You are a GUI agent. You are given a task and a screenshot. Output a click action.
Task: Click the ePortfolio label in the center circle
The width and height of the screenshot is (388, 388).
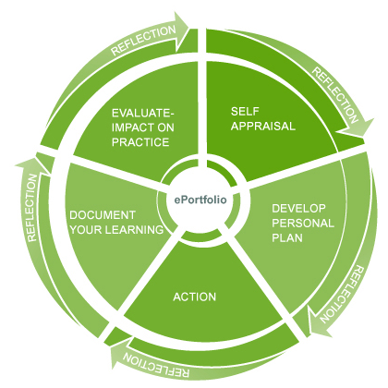tap(200, 200)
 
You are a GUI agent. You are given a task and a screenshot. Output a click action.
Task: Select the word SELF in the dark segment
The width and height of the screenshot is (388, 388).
tap(245, 111)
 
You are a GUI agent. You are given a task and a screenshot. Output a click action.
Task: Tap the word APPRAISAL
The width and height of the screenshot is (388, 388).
tap(263, 126)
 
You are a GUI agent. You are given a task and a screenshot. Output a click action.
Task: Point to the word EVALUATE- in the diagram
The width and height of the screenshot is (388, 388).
tap(143, 113)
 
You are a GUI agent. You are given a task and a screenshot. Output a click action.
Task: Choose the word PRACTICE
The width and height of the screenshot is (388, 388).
tap(140, 142)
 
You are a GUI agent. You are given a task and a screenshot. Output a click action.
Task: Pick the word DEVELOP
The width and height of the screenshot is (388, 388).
tap(298, 209)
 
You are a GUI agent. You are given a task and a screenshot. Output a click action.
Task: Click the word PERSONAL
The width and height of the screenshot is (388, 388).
tap(303, 223)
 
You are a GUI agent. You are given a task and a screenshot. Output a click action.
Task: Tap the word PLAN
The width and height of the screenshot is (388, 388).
tap(287, 237)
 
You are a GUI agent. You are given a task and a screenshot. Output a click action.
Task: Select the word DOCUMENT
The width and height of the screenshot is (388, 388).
tap(103, 215)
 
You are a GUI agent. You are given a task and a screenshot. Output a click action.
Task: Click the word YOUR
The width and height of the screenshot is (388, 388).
tap(86, 229)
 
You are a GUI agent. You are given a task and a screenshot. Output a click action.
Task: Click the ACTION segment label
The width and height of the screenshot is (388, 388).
tap(195, 297)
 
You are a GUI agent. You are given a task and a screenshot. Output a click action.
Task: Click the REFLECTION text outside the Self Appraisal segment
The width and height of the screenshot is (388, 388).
tap(336, 95)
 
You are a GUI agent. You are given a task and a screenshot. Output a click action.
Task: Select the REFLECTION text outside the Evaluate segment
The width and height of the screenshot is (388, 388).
tap(143, 40)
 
